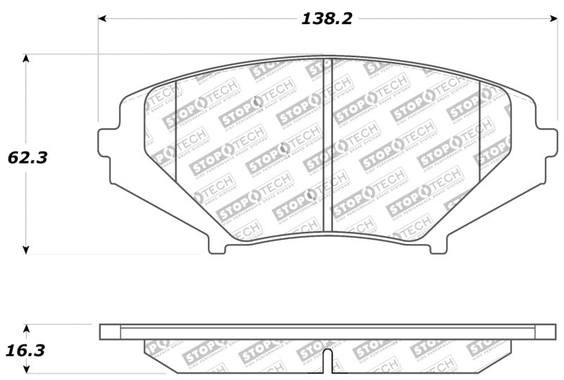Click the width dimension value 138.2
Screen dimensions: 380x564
click(x=326, y=19)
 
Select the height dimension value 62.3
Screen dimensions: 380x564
click(x=27, y=157)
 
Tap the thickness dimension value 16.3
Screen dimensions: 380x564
click(x=27, y=348)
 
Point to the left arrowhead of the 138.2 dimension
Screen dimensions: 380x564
click(x=102, y=19)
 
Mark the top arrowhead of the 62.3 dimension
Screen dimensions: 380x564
click(x=27, y=59)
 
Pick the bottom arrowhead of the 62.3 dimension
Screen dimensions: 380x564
click(x=27, y=249)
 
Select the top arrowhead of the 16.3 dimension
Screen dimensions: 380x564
click(x=27, y=328)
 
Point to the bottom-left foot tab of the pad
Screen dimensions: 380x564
click(x=218, y=246)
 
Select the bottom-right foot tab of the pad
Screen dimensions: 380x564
click(x=438, y=246)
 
